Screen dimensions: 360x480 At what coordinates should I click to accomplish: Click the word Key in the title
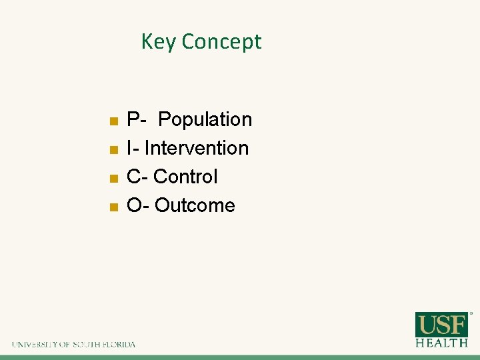tap(158, 42)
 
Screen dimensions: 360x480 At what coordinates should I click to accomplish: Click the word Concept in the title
tap(221, 42)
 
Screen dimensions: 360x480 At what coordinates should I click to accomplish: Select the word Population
tap(205, 120)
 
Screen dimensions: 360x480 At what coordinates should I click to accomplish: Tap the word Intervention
tap(197, 148)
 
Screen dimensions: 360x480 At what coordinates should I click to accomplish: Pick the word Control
tap(185, 177)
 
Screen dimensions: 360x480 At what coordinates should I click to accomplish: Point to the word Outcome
tap(195, 205)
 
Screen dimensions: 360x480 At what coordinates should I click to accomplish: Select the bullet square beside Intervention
tap(114, 149)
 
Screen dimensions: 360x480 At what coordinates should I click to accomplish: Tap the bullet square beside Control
tap(114, 178)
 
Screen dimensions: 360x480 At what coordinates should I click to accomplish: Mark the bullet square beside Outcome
tap(114, 207)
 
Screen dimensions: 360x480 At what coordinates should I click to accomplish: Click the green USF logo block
tap(442, 325)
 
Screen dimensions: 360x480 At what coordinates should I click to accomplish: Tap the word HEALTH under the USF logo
tap(442, 343)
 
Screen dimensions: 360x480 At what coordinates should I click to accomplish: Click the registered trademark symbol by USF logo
tap(471, 313)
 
